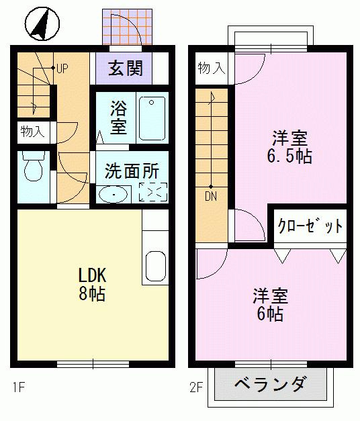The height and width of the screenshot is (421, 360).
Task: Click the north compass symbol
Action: pos(42,24)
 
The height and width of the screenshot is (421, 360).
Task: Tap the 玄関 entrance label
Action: pos(125,68)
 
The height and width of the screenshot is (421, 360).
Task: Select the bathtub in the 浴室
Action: pos(152,118)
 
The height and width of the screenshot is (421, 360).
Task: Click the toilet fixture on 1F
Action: pos(34,166)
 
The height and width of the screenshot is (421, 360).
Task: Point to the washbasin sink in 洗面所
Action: pos(113,194)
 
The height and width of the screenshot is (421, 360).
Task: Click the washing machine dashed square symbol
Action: pos(153,192)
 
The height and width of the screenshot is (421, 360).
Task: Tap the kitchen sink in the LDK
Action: pos(156,266)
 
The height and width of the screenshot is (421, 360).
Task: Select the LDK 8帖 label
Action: pos(92,284)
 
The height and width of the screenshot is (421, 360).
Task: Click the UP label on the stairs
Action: pos(62,69)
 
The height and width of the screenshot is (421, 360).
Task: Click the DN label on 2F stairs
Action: pos(211,197)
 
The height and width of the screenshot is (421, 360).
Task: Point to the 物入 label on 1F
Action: pos(32,132)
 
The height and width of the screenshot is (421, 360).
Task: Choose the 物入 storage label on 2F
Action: pos(211,68)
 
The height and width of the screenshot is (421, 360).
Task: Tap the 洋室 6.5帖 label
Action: pos(289,147)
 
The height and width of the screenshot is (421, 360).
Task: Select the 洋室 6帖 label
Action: pos(270,305)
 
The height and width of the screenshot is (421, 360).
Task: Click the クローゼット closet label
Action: pos(310,226)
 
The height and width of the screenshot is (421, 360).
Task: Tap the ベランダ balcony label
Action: pos(270,383)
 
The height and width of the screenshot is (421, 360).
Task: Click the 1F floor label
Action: pos(19,387)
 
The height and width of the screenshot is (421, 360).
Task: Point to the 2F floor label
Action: pos(196,387)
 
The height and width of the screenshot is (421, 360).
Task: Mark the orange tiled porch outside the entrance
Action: pos(127,27)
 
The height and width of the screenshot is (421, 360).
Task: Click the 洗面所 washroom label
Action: pos(132,171)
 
